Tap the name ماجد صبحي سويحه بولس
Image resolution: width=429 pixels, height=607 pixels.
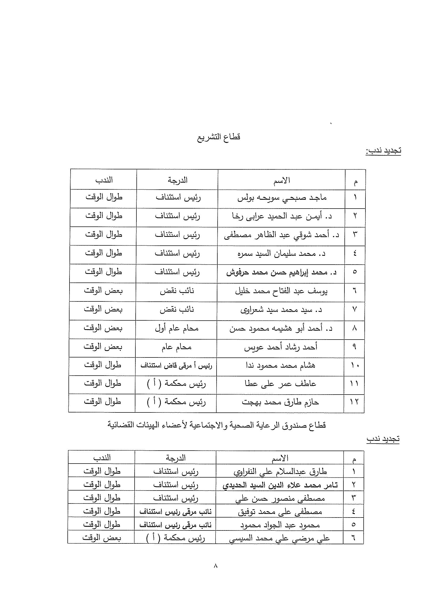282,198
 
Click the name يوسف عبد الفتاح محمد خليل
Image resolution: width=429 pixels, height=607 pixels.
281,291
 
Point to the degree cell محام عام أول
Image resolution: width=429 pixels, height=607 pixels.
177,329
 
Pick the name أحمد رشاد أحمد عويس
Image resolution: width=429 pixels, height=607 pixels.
281,347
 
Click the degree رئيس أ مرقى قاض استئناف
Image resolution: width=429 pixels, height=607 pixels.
176,366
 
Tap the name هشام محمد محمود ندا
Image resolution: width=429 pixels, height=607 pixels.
280,366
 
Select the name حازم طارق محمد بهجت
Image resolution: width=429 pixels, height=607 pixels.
280,403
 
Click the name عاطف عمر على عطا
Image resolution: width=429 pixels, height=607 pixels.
280,384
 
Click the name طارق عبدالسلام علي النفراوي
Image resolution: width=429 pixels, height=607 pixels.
280,472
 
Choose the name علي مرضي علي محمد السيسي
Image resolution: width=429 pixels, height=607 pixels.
279,538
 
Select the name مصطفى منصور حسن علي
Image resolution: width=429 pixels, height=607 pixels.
280,499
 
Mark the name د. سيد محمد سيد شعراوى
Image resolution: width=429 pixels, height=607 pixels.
281,310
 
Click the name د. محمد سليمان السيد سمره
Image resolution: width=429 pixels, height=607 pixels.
281,254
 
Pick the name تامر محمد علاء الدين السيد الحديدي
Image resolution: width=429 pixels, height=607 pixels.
280,485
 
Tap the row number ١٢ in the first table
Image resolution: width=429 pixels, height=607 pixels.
354,403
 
